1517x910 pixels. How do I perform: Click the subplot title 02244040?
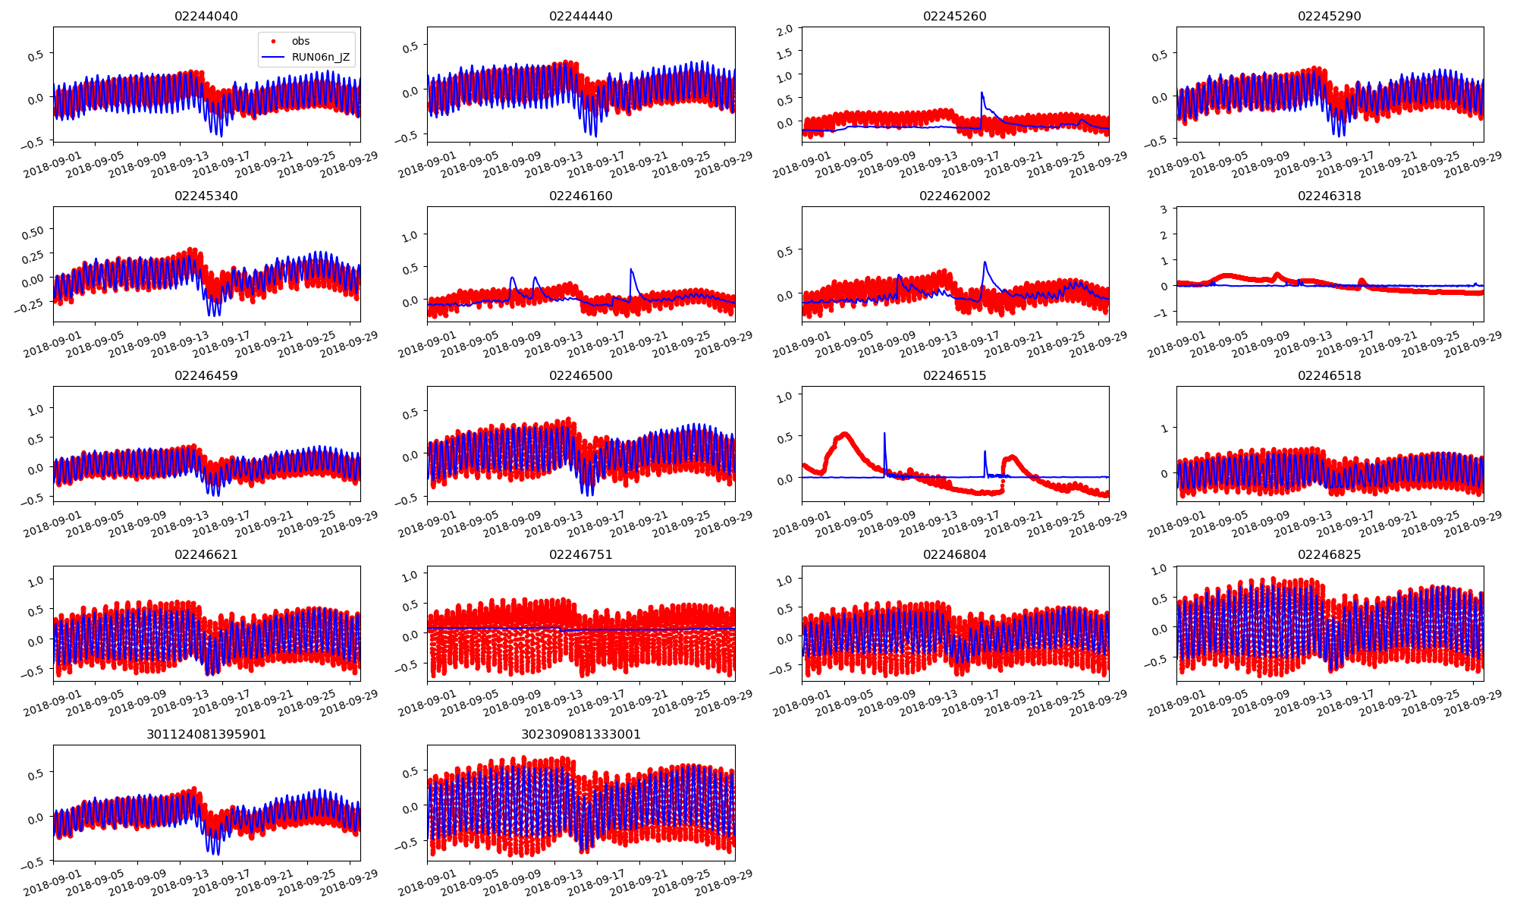tap(206, 17)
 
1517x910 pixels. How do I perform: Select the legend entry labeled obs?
tap(300, 41)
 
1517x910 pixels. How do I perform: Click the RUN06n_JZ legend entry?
tap(320, 57)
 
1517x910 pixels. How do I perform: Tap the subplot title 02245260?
tap(954, 17)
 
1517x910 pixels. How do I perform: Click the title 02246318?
tap(1329, 196)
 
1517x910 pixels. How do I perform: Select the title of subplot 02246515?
tap(954, 376)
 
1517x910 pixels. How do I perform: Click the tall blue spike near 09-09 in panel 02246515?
tap(884, 434)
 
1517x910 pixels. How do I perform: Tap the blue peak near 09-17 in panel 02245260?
tap(981, 93)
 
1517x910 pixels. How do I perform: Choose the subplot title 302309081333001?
tap(580, 735)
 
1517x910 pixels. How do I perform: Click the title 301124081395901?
tap(206, 735)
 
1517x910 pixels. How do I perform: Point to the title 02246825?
tap(1329, 555)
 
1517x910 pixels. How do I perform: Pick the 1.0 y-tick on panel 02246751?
tap(410, 576)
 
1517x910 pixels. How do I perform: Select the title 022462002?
tap(954, 196)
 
